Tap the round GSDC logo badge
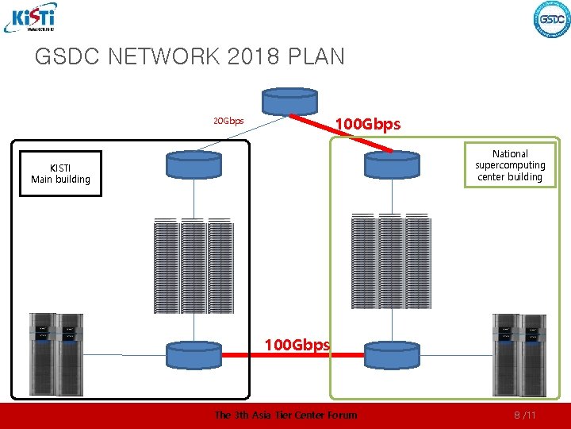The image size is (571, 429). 552,19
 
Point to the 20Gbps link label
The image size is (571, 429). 228,122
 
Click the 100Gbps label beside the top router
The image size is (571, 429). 368,125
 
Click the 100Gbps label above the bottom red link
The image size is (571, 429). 297,345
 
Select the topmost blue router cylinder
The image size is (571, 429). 290,100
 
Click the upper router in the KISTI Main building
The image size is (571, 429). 194,164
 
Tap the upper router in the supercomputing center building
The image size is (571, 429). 391,164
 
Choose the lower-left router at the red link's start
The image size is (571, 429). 194,354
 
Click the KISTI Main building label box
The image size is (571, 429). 60,173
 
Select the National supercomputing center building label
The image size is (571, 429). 510,165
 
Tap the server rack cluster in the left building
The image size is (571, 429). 194,266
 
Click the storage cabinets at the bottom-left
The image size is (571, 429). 56,354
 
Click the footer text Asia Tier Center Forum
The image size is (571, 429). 302,415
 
